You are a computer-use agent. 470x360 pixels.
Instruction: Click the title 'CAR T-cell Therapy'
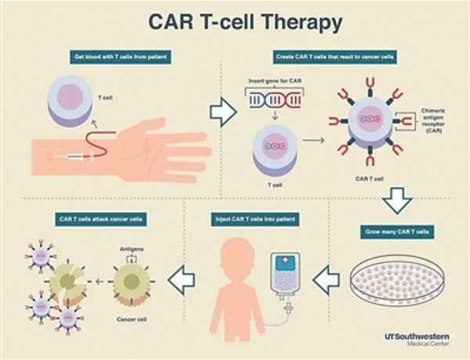[x=245, y=22]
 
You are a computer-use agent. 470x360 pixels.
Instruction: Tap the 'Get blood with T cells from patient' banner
[x=121, y=57]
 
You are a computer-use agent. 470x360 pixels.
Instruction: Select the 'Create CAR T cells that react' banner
[x=334, y=57]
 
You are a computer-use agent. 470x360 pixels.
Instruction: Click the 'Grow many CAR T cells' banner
[x=397, y=232]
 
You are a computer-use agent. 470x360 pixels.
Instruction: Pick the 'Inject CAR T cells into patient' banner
[x=255, y=219]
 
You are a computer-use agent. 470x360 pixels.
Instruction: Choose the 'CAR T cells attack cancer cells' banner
[x=101, y=219]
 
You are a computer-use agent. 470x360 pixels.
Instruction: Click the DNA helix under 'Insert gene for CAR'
[x=275, y=100]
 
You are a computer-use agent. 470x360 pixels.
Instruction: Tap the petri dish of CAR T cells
[x=397, y=281]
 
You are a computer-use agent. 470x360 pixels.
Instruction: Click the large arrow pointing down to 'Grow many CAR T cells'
[x=397, y=200]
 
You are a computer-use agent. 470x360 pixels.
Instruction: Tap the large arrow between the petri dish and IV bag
[x=326, y=280]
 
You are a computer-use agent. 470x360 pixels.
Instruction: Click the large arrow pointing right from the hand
[x=223, y=112]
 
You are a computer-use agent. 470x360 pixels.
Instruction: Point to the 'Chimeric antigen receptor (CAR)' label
[x=433, y=121]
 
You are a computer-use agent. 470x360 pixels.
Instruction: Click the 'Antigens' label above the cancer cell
[x=132, y=249]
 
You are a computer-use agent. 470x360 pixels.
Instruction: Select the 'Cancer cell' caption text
[x=132, y=319]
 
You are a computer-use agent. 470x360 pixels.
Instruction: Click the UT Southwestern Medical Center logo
[x=417, y=340]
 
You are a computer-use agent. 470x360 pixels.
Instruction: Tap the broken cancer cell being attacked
[x=67, y=282]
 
